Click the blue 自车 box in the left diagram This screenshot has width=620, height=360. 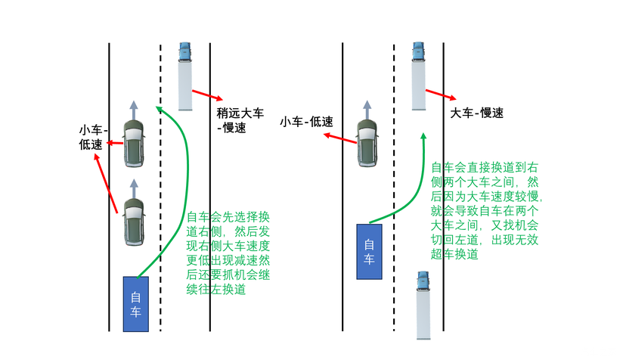tap(135, 304)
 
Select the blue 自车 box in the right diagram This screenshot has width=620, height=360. tap(369, 252)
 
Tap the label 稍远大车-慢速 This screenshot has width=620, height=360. tap(240, 120)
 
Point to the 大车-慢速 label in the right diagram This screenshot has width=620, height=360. tap(477, 113)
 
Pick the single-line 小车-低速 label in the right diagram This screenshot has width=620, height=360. tap(306, 122)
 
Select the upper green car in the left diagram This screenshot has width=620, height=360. tap(134, 143)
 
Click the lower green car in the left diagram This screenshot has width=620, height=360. tap(134, 222)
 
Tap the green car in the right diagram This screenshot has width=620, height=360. tap(367, 143)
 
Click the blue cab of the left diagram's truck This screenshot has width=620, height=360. tap(184, 52)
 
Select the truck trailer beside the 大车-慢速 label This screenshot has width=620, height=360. tap(419, 85)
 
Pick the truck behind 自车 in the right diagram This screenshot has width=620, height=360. tap(423, 305)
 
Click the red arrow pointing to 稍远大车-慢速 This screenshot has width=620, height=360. tap(208, 95)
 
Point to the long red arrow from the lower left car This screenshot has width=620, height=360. tap(106, 184)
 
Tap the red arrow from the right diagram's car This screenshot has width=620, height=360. tap(340, 138)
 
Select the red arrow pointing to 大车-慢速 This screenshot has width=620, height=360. tap(441, 95)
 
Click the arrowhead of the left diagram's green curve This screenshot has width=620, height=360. tap(158, 108)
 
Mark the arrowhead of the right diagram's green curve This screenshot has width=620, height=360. tap(423, 136)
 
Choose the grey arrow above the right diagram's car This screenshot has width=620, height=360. tap(367, 110)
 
